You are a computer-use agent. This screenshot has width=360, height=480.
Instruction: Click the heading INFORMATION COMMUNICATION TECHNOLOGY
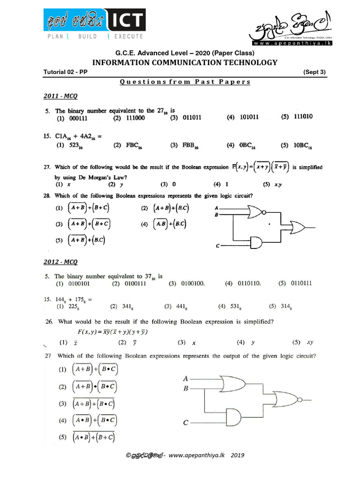click(x=184, y=62)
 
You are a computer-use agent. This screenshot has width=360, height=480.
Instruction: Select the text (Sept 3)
click(x=314, y=72)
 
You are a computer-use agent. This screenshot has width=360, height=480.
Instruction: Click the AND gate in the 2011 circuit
click(x=256, y=242)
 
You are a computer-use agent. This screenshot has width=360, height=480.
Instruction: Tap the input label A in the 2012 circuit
click(x=186, y=378)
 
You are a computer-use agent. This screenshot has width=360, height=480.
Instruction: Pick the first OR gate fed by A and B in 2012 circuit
click(x=233, y=383)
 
